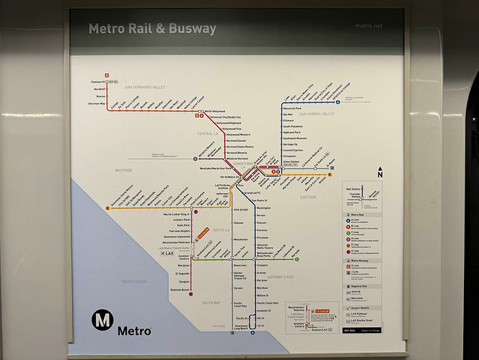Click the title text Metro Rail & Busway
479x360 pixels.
(x=152, y=29)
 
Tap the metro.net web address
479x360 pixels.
(x=369, y=27)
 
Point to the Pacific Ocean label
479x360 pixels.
(x=134, y=281)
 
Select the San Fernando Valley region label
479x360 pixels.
(x=145, y=88)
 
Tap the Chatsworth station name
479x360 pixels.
(x=99, y=82)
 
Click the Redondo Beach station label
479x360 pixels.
(x=180, y=290)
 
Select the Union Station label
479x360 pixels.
(x=292, y=162)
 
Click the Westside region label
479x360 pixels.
(x=124, y=170)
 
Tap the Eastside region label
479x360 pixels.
(x=309, y=197)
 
